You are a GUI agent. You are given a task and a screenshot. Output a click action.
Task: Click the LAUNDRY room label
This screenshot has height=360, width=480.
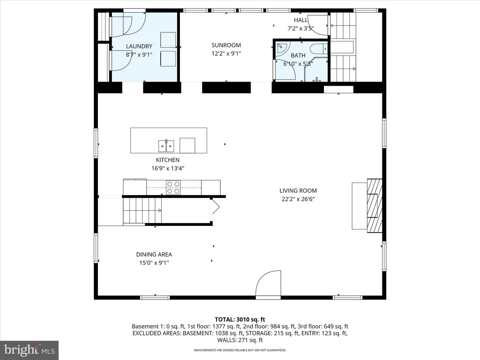coord(139,46)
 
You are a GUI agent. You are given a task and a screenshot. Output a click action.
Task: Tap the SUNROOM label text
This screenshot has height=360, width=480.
coord(226,45)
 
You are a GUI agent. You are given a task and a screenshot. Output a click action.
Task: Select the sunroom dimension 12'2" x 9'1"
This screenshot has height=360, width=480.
coord(226,53)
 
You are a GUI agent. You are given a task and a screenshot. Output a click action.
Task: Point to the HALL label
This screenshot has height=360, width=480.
coord(300,20)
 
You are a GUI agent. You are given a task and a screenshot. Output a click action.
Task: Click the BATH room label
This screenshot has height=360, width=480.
coord(298,55)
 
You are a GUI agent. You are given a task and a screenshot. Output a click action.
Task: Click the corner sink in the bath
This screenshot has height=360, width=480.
coord(281,48)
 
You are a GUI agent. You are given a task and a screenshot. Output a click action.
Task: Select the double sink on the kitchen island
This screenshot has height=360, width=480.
coord(166,146)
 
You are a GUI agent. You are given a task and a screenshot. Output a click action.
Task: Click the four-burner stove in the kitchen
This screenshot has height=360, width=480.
coord(173,187)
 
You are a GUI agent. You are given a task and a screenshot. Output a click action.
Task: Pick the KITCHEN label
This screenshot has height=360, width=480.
coord(168,160)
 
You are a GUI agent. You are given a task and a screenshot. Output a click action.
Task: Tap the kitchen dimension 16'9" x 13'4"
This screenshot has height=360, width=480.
coord(168,168)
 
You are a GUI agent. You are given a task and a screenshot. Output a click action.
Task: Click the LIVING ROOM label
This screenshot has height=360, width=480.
coord(298,191)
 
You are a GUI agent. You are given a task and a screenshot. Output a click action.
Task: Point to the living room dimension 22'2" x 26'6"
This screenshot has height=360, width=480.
coord(298,199)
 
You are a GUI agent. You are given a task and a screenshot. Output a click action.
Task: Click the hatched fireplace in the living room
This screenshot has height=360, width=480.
coord(375,206)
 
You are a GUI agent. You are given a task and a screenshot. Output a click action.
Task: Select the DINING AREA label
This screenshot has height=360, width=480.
coord(154,255)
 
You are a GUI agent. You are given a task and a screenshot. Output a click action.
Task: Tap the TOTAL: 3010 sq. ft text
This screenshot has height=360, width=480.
coord(240,320)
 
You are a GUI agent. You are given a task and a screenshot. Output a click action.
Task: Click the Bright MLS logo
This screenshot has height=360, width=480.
coord(30,350)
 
